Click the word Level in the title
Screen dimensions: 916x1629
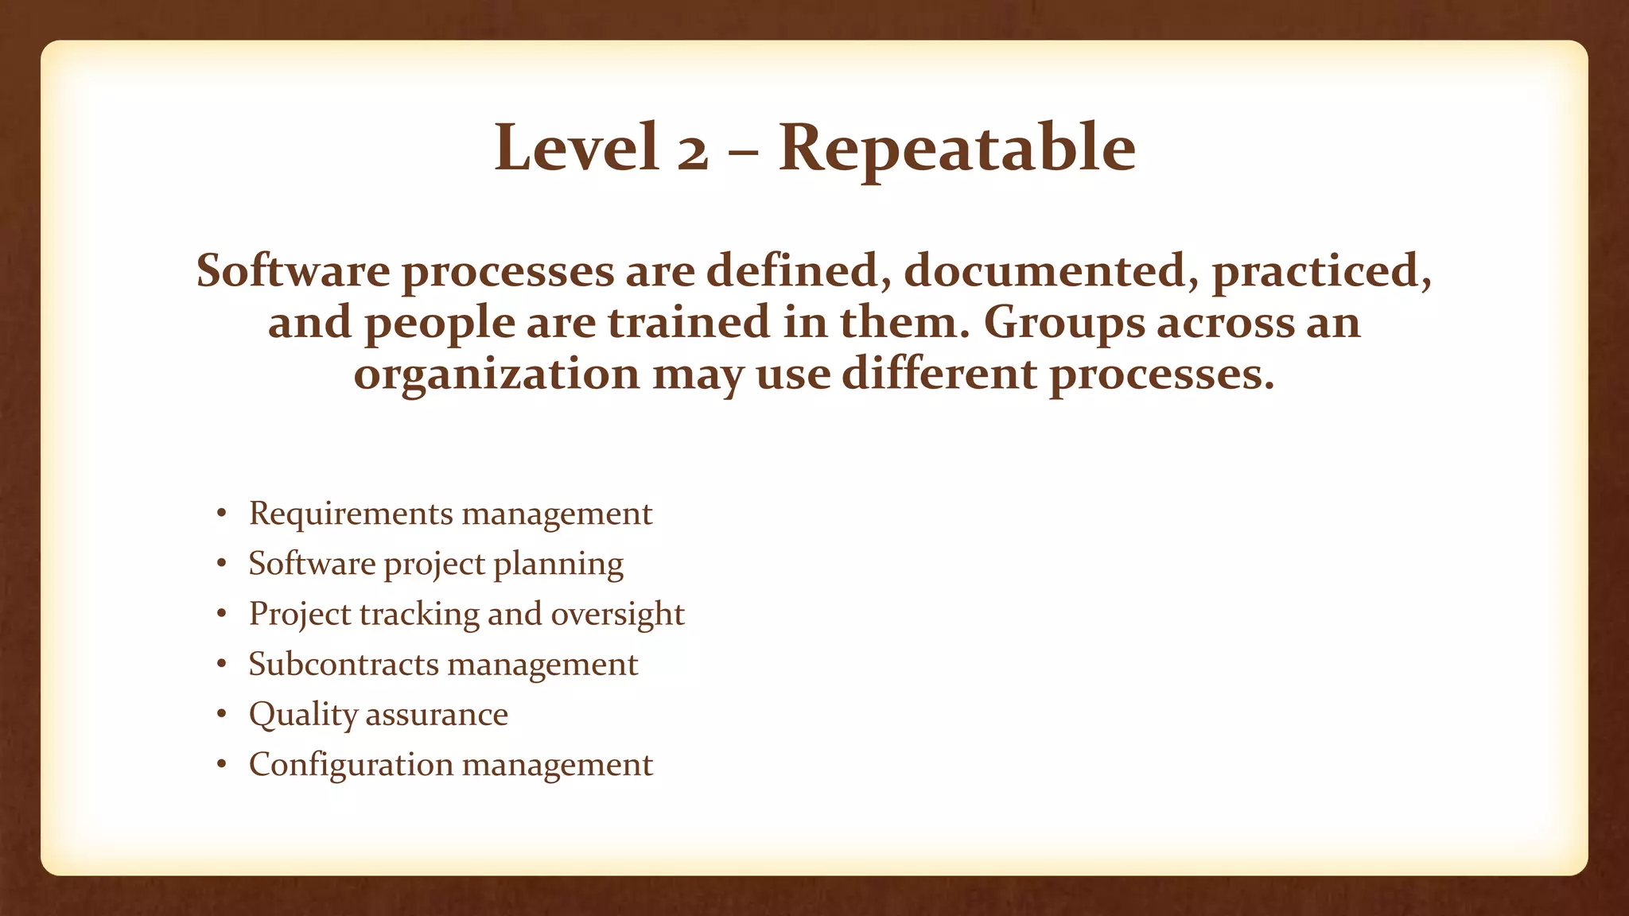[x=577, y=148]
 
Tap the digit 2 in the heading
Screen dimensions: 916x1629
[x=692, y=153]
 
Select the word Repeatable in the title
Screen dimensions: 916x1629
[x=957, y=149]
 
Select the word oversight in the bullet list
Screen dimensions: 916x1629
[x=617, y=615]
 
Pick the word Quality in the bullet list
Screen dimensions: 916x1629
[x=303, y=715]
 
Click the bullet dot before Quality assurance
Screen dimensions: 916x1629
[x=222, y=714]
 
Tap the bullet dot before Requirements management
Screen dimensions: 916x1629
[x=222, y=514]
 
